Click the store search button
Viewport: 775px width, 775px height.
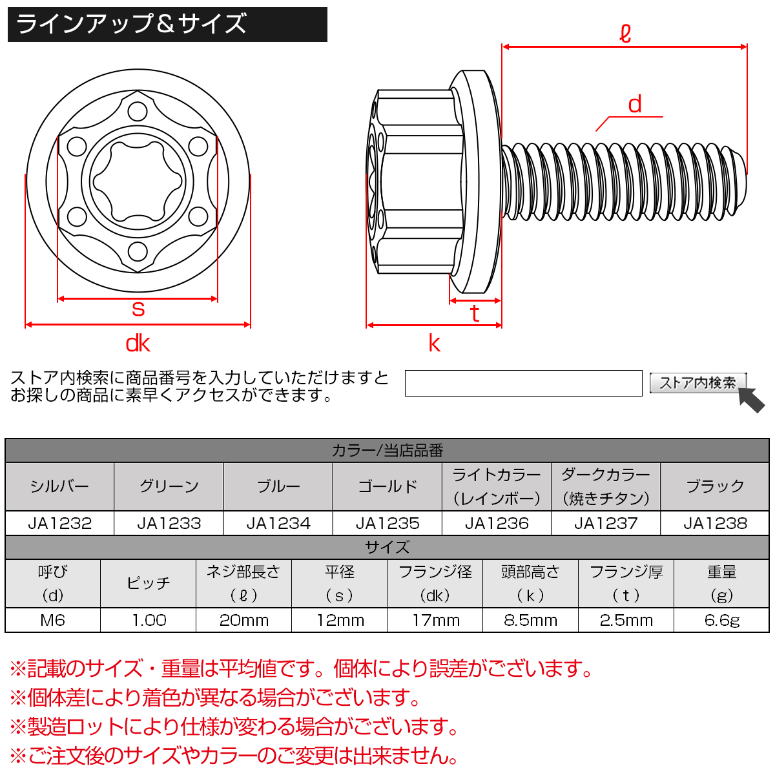(697, 383)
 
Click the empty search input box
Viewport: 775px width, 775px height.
(523, 383)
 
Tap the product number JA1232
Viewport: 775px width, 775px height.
(59, 523)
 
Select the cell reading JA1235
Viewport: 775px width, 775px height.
(387, 523)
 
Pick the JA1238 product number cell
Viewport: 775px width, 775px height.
(715, 523)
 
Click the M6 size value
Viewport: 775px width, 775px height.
(52, 620)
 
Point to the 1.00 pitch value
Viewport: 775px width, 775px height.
(149, 620)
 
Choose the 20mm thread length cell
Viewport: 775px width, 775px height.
(243, 620)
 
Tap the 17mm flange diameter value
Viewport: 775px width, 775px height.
(435, 620)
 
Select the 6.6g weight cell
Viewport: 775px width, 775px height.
(721, 620)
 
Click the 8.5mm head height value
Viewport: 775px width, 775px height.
(530, 620)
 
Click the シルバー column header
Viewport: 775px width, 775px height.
(59, 486)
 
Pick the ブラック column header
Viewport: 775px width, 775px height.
(715, 486)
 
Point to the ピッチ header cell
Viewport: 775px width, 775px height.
(149, 583)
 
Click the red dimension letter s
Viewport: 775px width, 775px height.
(138, 309)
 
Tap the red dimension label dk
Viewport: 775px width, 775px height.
(138, 343)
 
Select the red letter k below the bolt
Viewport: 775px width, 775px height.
(434, 343)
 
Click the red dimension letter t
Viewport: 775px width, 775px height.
(475, 313)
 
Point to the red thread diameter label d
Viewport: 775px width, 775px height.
(635, 105)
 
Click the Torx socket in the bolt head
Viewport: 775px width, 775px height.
(138, 181)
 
